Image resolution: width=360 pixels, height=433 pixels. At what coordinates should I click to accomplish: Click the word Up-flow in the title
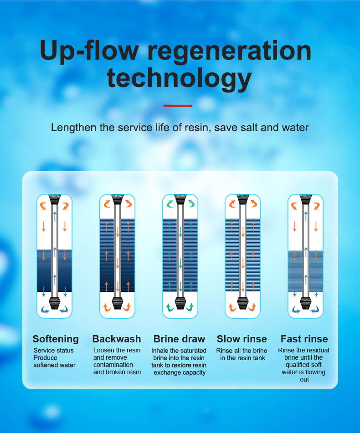pos(89,51)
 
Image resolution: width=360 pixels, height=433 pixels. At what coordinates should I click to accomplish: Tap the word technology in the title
pos(179,78)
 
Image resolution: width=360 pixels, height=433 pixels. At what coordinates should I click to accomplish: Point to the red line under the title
pos(178,106)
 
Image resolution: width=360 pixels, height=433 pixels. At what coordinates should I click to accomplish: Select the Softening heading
pos(56,339)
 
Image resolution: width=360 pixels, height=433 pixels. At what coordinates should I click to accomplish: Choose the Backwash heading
pos(117,339)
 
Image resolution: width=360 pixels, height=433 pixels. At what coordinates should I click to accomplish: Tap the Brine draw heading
pos(179,339)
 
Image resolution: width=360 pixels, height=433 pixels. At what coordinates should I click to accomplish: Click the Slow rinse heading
pos(242,339)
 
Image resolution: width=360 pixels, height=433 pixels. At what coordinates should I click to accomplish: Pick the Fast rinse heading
pos(304,339)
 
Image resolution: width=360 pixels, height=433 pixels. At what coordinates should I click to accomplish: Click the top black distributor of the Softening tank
pos(54,199)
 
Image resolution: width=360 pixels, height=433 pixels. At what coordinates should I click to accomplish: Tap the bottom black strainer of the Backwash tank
pos(118,303)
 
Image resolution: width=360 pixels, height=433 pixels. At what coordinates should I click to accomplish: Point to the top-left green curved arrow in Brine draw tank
pos(170,204)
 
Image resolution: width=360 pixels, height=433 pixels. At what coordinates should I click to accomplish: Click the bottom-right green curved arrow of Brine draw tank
pos(190,307)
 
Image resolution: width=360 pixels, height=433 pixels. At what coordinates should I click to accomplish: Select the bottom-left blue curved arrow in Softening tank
pos(45,310)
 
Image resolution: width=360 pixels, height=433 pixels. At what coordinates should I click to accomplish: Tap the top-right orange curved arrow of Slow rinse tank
pos(253,204)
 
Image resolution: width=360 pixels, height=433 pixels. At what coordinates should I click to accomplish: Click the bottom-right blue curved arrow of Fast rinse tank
pos(315,310)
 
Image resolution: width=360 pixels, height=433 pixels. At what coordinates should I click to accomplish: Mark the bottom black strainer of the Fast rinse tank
pos(306,303)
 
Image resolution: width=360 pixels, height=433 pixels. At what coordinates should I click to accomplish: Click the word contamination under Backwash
pos(113,365)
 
